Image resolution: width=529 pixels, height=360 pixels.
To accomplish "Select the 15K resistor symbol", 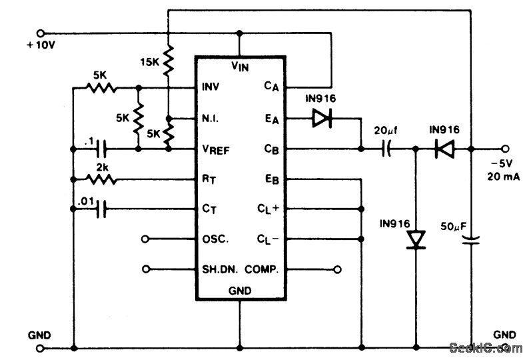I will click(168, 61).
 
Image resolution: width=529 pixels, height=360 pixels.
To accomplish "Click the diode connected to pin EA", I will click(322, 119).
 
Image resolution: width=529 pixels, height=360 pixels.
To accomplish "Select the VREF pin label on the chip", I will click(217, 149).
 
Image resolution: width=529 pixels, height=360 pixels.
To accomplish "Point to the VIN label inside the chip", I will click(240, 65).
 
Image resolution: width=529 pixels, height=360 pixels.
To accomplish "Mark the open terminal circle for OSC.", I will click(146, 239).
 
